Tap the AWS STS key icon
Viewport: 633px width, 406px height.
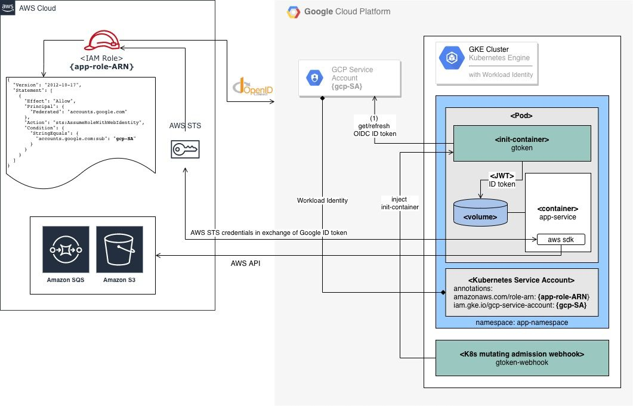[x=186, y=150]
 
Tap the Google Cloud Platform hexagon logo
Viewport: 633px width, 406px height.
[x=294, y=11]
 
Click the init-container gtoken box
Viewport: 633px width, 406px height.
[x=521, y=143]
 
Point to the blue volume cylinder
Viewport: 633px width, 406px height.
[x=480, y=213]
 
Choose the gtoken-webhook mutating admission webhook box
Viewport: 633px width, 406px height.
[x=521, y=358]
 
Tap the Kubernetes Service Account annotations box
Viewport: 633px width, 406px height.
[x=521, y=292]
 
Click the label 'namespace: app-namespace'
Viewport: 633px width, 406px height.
[x=521, y=322]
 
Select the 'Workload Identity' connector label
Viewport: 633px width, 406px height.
[x=322, y=200]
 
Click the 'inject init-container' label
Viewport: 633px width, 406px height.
[x=400, y=203]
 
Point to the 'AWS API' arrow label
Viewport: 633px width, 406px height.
[x=245, y=263]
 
